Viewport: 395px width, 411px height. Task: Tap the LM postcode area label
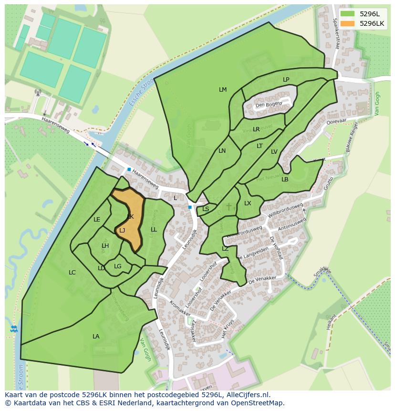coord(223,90)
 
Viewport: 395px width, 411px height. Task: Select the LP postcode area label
coord(286,80)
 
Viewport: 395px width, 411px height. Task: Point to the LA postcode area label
coord(96,337)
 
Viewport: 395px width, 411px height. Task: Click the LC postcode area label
coord(72,273)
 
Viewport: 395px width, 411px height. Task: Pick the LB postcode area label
coord(285,179)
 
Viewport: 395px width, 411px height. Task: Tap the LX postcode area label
coord(248,203)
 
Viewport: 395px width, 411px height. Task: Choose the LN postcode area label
coord(222,151)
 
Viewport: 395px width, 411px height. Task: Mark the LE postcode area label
coord(97,220)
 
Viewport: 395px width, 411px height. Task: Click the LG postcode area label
coord(118,266)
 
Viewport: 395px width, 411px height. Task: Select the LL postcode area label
coord(154,230)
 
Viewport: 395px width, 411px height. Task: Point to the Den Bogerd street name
coord(269,105)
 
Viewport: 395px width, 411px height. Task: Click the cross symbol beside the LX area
coord(229,206)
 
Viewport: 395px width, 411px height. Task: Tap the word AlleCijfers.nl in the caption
coord(247,395)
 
